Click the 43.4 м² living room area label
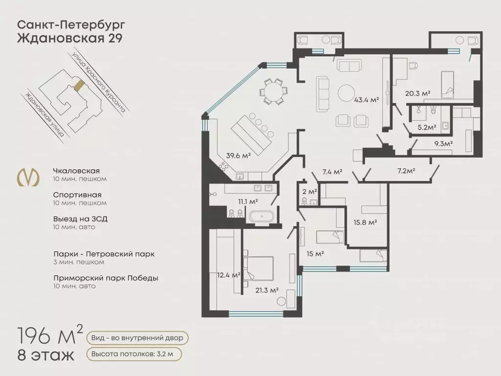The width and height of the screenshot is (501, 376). click(x=366, y=100)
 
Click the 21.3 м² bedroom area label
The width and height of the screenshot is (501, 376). click(x=267, y=290)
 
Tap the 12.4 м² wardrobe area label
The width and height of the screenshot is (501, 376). click(x=228, y=275)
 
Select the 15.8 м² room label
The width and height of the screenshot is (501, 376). click(x=365, y=222)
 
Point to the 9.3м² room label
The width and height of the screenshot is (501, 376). click(x=443, y=143)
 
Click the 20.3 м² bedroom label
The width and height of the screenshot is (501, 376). click(x=417, y=93)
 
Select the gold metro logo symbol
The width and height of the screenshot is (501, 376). click(x=28, y=178)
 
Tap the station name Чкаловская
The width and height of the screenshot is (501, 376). click(x=76, y=171)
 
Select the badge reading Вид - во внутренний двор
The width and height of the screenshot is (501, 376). click(x=137, y=338)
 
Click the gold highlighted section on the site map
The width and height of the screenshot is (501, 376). click(x=78, y=86)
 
